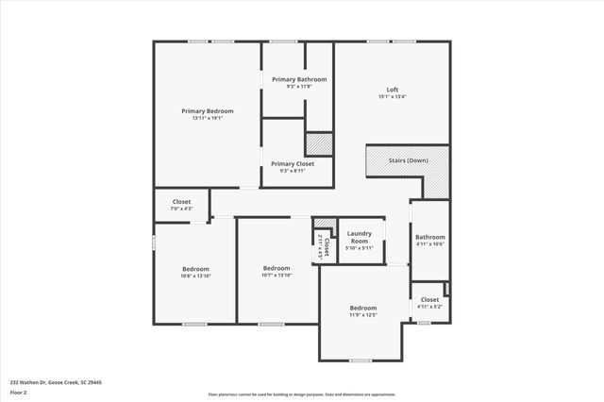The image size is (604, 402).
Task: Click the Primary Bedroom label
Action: (x=207, y=110)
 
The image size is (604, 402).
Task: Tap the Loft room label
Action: (x=392, y=89)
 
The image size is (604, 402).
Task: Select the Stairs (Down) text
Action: (x=408, y=160)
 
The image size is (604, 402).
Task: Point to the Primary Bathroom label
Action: (x=299, y=79)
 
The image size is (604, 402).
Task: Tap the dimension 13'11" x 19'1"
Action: (x=207, y=119)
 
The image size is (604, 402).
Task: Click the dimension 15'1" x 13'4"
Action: (x=392, y=96)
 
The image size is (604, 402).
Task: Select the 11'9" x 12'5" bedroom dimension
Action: (x=363, y=315)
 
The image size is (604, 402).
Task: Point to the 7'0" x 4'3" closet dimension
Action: (x=181, y=209)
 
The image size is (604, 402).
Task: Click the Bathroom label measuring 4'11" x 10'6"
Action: (x=430, y=237)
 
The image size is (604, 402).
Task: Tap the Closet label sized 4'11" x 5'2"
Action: (x=429, y=299)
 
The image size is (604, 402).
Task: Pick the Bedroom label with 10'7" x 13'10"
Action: (x=277, y=268)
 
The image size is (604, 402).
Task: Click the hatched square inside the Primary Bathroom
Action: (x=319, y=143)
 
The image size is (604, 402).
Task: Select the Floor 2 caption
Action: (x=17, y=392)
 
